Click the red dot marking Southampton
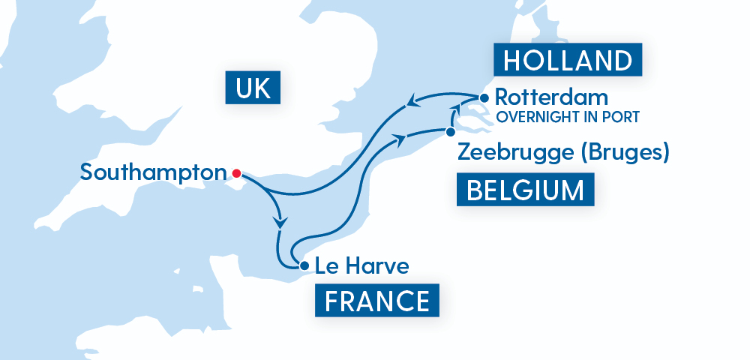[x=236, y=173]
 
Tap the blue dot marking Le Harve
[x=303, y=265]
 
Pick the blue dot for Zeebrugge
[x=449, y=132]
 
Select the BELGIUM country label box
[x=525, y=190]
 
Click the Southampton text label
[x=153, y=172]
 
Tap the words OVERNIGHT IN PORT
[x=567, y=117]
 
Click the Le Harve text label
[x=362, y=265]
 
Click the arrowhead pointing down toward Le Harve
[x=281, y=223]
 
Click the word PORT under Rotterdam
[x=623, y=117]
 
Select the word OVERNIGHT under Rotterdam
[x=536, y=117]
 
